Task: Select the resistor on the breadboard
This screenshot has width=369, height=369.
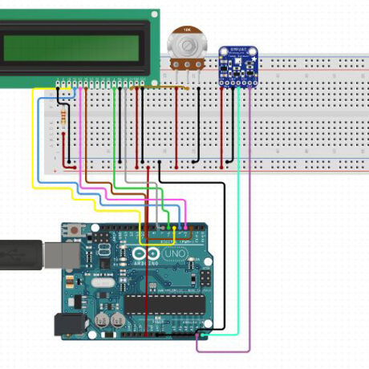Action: tap(63, 121)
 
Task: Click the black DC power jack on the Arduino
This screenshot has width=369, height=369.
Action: tap(67, 324)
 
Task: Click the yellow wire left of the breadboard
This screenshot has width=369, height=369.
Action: tap(33, 144)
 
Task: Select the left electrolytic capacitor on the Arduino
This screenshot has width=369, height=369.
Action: tap(103, 318)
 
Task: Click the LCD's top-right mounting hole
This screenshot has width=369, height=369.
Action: tap(153, 15)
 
